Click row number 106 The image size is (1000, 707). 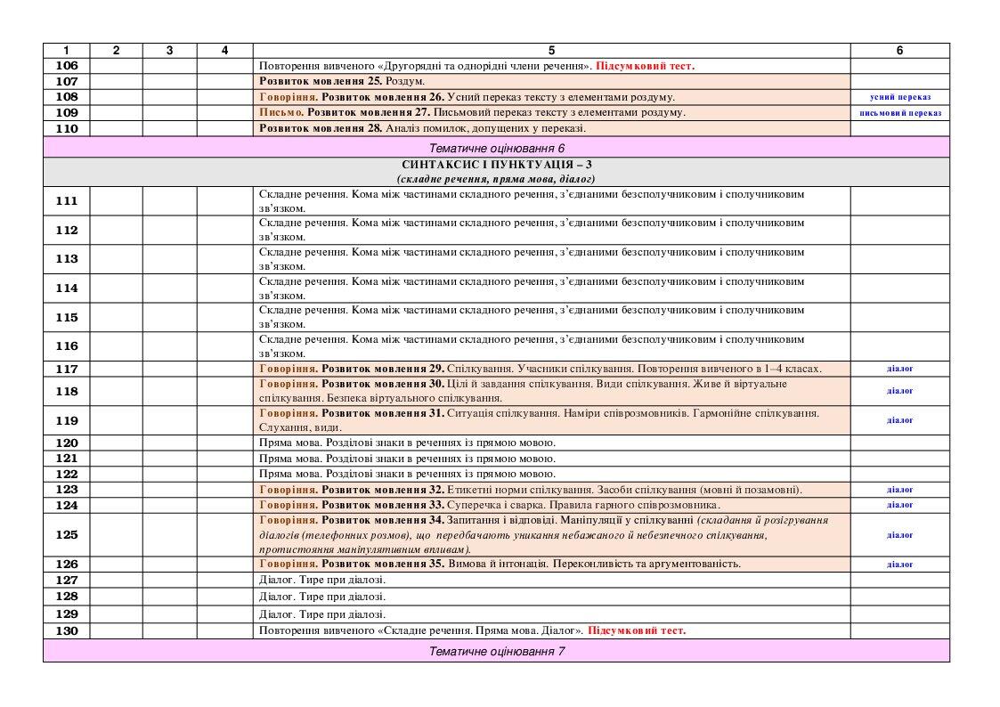click(x=67, y=65)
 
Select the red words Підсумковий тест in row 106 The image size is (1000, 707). click(x=645, y=65)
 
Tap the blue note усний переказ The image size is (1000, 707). click(x=899, y=96)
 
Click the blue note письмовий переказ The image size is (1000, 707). click(x=899, y=113)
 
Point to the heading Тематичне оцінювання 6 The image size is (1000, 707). click(x=496, y=147)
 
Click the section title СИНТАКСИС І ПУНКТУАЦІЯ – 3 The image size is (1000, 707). click(x=496, y=165)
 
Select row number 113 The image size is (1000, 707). click(x=67, y=259)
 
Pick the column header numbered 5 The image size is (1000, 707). click(x=551, y=51)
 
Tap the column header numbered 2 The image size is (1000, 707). click(x=117, y=51)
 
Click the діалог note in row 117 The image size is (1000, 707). click(x=899, y=369)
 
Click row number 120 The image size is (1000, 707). click(x=67, y=443)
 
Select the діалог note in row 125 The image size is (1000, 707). click(x=899, y=535)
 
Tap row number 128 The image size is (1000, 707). click(x=67, y=596)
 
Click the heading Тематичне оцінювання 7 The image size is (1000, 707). click(x=496, y=652)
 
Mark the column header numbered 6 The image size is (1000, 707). click(x=899, y=51)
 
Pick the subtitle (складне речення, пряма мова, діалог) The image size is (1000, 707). click(x=496, y=179)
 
